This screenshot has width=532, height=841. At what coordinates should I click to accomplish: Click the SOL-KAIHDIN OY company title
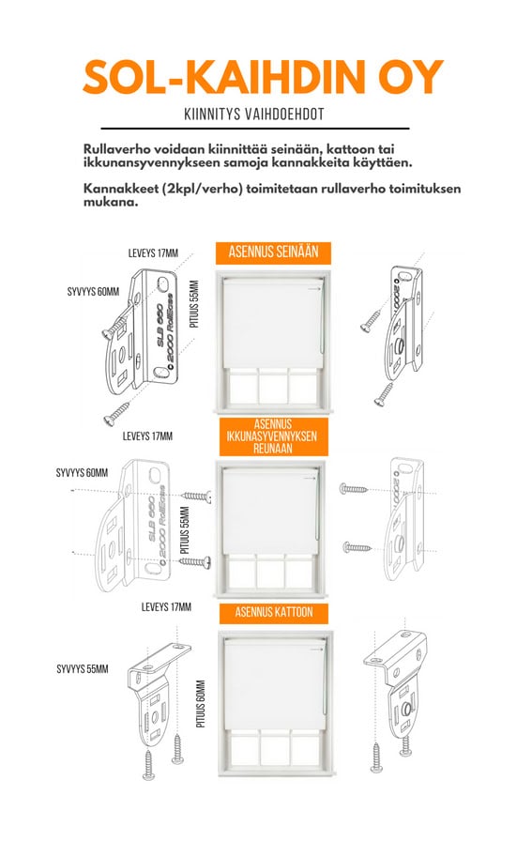click(x=264, y=77)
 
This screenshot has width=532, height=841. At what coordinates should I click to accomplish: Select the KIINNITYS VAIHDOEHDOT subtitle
click(x=254, y=115)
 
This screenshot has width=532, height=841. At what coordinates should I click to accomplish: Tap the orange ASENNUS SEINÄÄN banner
click(x=274, y=252)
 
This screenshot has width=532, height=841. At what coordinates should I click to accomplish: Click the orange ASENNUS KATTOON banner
click(x=274, y=613)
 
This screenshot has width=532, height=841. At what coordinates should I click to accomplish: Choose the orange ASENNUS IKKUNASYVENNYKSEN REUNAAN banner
click(x=274, y=436)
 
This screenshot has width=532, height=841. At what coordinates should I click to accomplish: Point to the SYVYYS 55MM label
click(x=83, y=669)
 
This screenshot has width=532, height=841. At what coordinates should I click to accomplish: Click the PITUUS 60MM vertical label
click(x=201, y=704)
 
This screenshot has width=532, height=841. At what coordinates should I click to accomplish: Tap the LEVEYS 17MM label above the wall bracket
click(x=153, y=252)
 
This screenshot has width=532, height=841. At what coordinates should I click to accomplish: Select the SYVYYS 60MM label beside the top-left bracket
click(x=93, y=292)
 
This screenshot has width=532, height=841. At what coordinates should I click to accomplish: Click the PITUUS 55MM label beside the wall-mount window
click(x=194, y=303)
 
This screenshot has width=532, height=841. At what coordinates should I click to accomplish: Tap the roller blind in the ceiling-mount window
click(x=275, y=684)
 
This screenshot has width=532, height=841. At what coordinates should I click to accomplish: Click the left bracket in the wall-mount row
click(x=142, y=333)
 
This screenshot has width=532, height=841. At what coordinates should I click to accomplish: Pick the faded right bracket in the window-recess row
click(x=404, y=518)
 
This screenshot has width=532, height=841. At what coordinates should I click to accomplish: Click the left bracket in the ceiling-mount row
click(x=156, y=692)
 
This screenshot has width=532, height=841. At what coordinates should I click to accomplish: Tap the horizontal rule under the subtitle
click(x=255, y=129)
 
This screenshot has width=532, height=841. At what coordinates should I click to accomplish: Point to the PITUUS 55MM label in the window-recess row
click(x=186, y=530)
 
